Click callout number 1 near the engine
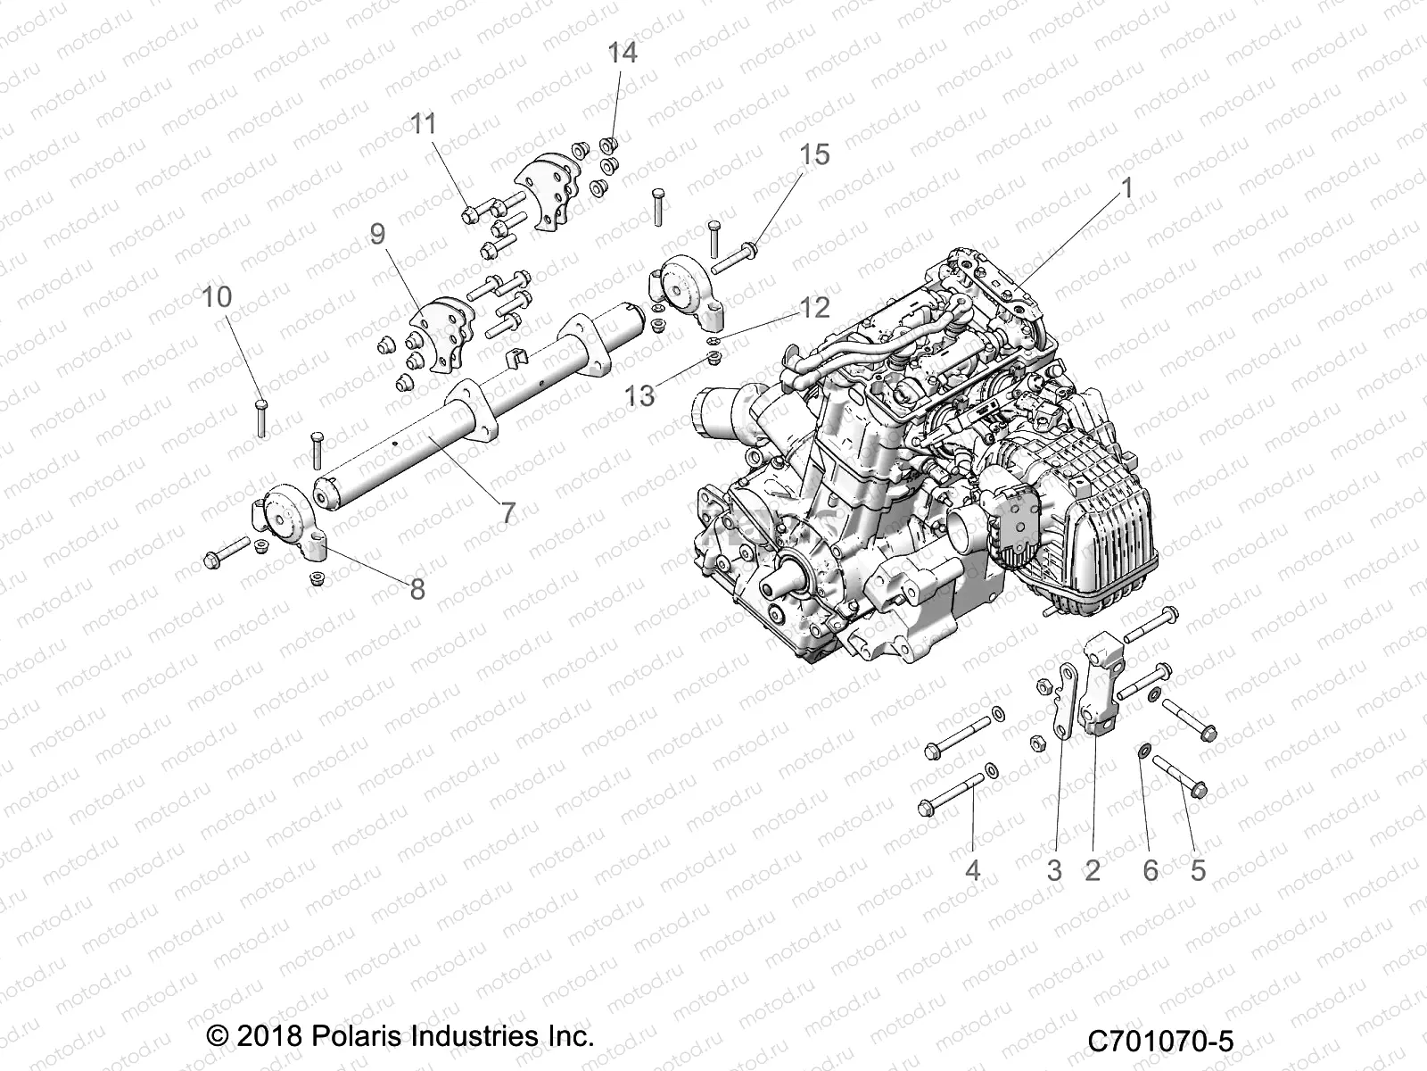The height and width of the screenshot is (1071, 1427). coord(1126,189)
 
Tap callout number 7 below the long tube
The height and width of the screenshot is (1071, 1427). coord(507,513)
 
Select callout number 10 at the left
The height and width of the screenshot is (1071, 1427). coord(217,297)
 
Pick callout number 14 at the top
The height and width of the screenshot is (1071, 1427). coord(623,54)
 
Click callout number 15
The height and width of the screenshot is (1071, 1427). coord(813,154)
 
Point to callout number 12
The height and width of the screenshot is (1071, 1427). coord(813,308)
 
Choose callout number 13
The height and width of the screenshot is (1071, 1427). coord(639,395)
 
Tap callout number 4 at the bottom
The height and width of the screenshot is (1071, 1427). coord(973,869)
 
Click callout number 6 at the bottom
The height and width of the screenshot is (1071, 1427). coord(1151,869)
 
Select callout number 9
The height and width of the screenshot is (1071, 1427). coord(377,235)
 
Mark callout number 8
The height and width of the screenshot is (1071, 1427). coord(417,589)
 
